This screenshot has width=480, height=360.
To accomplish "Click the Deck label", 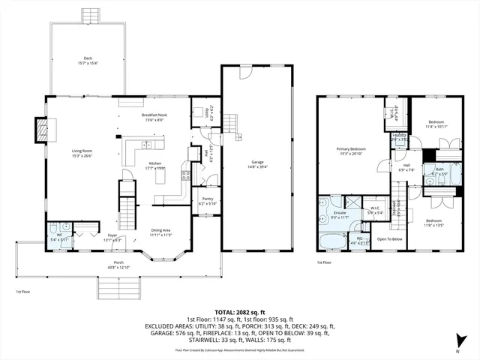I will click(x=88, y=57).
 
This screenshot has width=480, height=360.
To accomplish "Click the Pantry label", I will click(x=208, y=198).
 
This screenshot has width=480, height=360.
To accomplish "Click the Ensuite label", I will click(x=340, y=213).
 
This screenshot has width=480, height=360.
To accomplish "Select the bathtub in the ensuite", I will click(x=332, y=241).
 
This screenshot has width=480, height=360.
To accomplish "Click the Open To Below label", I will click(x=390, y=239).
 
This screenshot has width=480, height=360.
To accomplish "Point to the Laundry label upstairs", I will click(x=398, y=137).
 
